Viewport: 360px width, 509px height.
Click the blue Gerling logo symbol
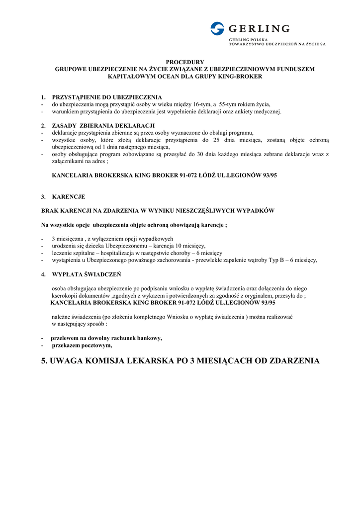tap(217, 28)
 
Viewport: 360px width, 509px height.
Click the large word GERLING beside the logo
tap(258, 28)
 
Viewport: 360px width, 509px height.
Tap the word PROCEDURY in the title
tap(185, 62)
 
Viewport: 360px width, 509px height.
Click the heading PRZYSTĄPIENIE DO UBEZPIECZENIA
tap(107, 97)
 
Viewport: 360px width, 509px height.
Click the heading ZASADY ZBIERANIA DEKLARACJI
tap(103, 125)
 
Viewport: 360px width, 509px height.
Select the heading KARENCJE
tap(69, 197)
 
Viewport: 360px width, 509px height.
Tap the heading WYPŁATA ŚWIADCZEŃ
tap(87, 274)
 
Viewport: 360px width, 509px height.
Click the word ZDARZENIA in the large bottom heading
tap(294, 360)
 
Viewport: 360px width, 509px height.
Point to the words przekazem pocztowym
tap(82, 345)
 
